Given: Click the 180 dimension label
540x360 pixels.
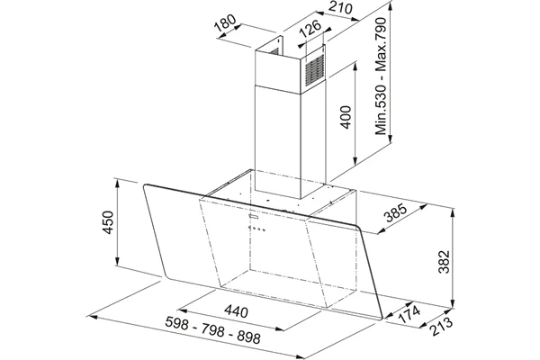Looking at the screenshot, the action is click(x=225, y=22).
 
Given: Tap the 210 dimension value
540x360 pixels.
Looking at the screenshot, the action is click(x=340, y=7).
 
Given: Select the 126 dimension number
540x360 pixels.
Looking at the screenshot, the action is click(x=310, y=28).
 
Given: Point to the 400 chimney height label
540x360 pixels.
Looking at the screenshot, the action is click(x=346, y=117).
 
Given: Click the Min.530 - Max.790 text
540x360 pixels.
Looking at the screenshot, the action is click(x=382, y=76).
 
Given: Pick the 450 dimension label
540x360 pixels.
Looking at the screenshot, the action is click(x=108, y=222).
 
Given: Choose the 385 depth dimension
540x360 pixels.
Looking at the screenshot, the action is click(x=396, y=213).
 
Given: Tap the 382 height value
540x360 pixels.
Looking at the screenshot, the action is click(x=444, y=262).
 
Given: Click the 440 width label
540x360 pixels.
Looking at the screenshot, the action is click(x=236, y=311).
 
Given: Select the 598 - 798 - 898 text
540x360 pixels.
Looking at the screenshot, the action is click(x=212, y=330).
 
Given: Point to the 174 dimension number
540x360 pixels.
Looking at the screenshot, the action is click(x=409, y=314).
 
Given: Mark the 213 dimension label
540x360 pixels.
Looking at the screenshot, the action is click(x=441, y=326).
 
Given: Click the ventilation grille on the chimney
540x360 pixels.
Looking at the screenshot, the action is click(x=315, y=70).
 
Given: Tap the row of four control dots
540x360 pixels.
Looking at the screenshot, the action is click(x=256, y=229).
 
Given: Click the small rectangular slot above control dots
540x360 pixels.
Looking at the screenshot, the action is click(x=254, y=216).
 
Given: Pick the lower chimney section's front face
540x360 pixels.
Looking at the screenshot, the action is click(x=278, y=142).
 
